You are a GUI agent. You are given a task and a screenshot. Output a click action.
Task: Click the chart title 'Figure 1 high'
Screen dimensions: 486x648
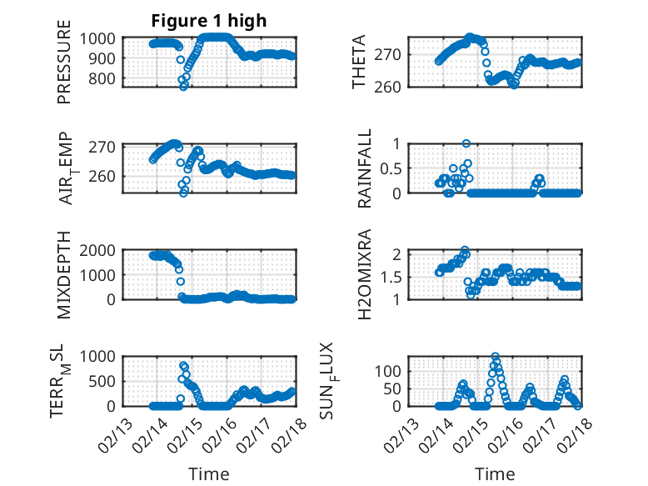[x=209, y=21]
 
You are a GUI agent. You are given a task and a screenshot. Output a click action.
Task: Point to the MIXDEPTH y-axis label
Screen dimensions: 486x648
[x=64, y=275]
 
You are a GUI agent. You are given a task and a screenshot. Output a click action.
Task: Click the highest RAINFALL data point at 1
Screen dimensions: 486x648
[x=466, y=143]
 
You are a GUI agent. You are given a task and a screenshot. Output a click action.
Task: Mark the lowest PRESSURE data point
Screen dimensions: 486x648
[x=184, y=86]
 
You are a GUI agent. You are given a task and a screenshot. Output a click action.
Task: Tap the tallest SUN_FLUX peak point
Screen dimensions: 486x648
[x=496, y=356]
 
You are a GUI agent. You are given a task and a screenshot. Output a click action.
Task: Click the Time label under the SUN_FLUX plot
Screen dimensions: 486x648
[x=495, y=473]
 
